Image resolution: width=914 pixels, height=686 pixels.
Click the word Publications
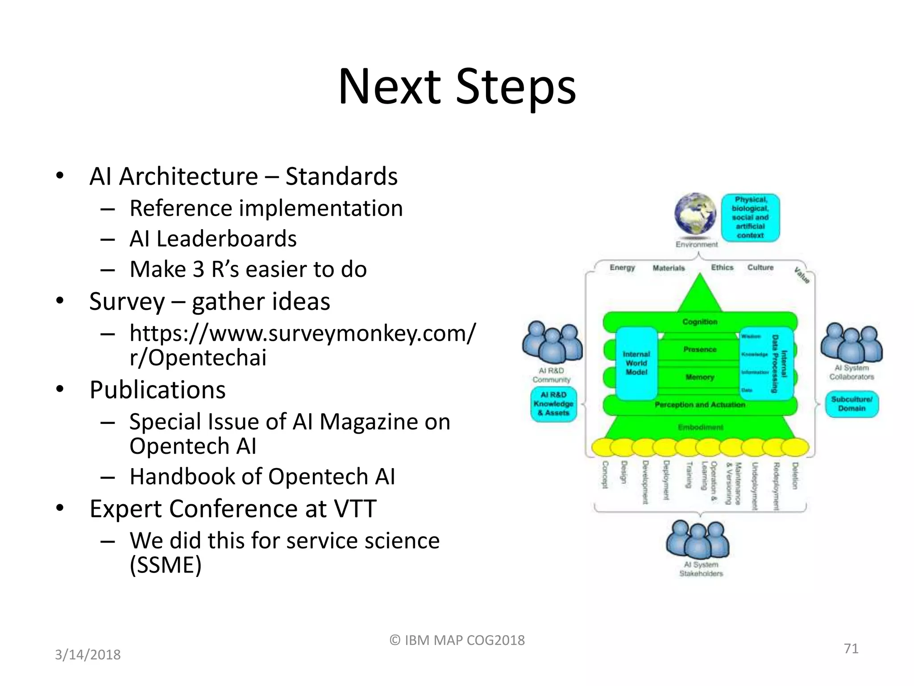158,390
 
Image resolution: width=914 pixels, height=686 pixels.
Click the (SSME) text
166,565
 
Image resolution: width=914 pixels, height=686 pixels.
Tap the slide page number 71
851,648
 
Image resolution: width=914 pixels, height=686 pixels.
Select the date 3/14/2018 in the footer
88,655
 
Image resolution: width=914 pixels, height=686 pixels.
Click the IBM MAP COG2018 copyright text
457,640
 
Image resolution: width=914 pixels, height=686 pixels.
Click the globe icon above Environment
695,214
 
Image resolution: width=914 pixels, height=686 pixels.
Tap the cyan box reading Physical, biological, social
750,218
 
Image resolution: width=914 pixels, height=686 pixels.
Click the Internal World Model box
636,363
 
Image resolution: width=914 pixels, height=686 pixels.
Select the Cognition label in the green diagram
699,322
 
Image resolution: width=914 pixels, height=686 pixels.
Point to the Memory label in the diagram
699,377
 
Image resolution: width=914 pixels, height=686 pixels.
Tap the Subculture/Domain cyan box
852,404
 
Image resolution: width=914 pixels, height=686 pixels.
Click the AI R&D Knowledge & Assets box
553,404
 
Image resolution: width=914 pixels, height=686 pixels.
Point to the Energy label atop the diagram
622,268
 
